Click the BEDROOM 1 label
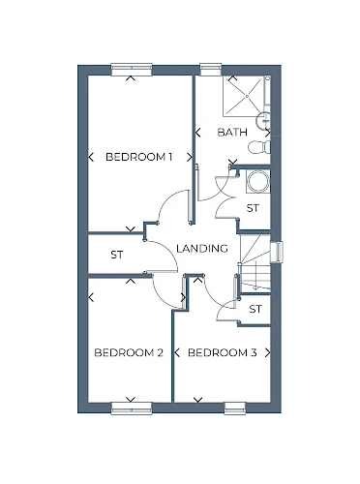click(x=138, y=157)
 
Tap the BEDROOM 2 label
click(x=129, y=352)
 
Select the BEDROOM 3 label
click(x=223, y=352)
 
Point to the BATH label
click(x=232, y=132)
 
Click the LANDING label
click(x=202, y=248)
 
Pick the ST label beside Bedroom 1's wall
click(x=117, y=255)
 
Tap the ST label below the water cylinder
click(x=253, y=208)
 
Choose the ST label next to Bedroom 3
click(x=255, y=309)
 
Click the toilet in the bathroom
click(x=259, y=147)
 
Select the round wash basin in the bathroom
click(x=263, y=121)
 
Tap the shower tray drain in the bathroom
click(x=247, y=96)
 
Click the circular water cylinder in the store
click(x=257, y=182)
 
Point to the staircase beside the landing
click(x=255, y=262)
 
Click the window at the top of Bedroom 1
click(x=132, y=70)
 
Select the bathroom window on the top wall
click(x=211, y=70)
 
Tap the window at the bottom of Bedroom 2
click(x=132, y=408)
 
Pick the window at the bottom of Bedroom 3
click(x=235, y=408)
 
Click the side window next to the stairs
click(x=277, y=252)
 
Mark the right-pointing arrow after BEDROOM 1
click(x=190, y=157)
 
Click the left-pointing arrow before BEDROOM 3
click(x=177, y=352)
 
